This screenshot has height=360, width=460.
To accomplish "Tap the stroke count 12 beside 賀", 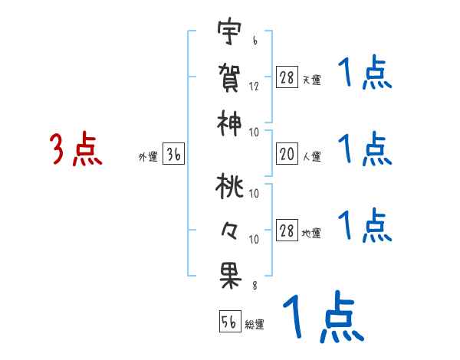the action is point(254,87).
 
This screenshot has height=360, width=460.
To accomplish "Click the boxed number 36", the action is point(174,155).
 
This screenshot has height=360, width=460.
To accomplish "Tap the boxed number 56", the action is point(230,322).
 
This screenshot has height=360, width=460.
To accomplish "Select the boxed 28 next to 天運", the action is point(287,77).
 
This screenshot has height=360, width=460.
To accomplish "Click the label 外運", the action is point(147,157).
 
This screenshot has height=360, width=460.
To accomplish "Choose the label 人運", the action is point(311,157).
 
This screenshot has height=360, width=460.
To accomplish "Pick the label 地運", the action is point(311,234).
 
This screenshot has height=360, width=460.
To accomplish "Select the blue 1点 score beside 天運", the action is point(365,76).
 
